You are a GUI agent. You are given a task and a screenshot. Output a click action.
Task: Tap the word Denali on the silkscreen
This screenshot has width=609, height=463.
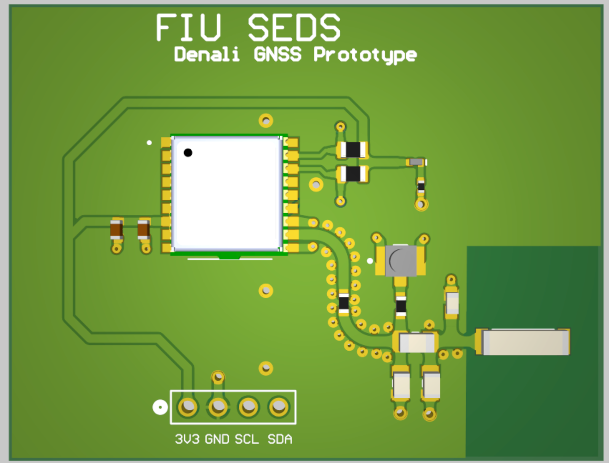pyautogui.click(x=207, y=54)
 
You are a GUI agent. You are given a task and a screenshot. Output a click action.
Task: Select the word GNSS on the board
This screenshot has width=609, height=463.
pyautogui.click(x=277, y=54)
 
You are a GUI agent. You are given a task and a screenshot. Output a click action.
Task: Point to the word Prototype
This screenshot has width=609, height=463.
pyautogui.click(x=365, y=55)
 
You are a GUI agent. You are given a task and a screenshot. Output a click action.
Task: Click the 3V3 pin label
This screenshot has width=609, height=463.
pyautogui.click(x=187, y=439)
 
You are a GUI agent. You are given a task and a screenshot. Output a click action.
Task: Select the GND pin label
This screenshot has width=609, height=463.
pyautogui.click(x=217, y=439)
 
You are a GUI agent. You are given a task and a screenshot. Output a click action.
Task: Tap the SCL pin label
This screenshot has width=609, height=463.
pyautogui.click(x=247, y=439)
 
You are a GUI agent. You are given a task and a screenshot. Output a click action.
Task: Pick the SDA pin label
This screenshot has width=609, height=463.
pyautogui.click(x=280, y=439)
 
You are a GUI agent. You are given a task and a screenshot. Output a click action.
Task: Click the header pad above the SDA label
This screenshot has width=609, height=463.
pyautogui.click(x=279, y=407)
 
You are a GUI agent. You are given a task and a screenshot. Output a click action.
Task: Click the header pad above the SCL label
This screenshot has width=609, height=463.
pyautogui.click(x=249, y=407)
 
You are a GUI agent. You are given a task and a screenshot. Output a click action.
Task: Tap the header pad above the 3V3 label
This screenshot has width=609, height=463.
pyautogui.click(x=188, y=407)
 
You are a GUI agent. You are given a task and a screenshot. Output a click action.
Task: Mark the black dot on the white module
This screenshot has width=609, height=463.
pyautogui.click(x=188, y=152)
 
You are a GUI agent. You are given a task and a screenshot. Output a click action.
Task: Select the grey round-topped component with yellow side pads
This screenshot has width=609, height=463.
pyautogui.click(x=400, y=260)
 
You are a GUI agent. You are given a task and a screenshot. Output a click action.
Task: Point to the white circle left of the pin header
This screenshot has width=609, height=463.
pyautogui.click(x=160, y=408)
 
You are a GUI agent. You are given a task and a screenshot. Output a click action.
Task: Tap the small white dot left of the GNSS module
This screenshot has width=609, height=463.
pyautogui.click(x=149, y=143)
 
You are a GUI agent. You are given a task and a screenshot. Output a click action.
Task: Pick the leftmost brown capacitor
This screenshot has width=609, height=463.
pyautogui.click(x=116, y=230)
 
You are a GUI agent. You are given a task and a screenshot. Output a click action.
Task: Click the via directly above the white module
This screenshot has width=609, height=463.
pyautogui.click(x=266, y=121)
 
